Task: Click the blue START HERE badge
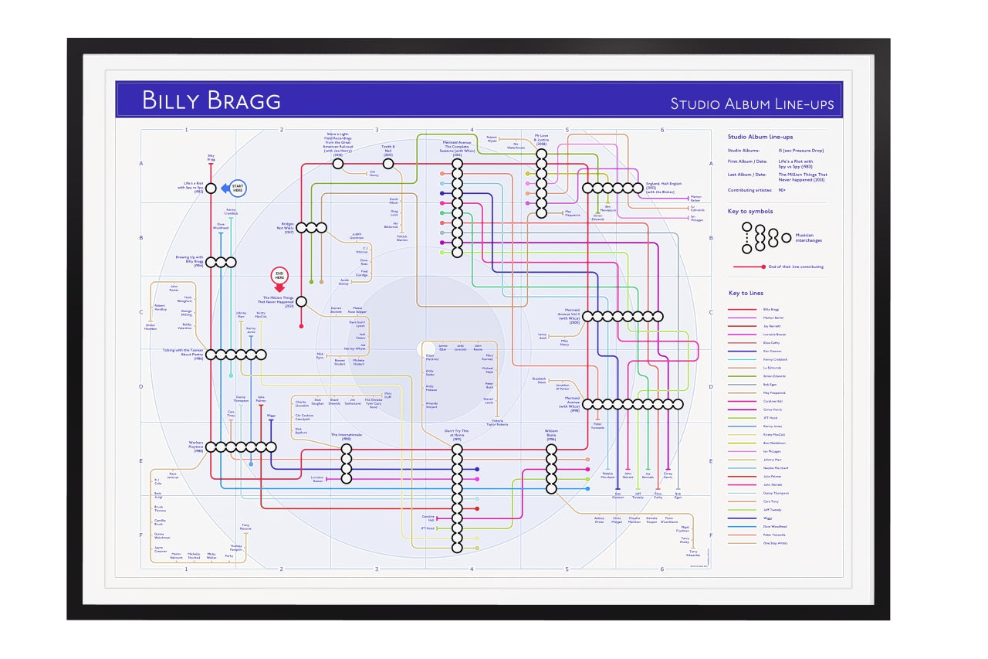pos(234,188)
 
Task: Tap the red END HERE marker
pos(279,278)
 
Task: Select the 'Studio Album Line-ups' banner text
pos(751,104)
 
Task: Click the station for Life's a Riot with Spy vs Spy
pos(211,188)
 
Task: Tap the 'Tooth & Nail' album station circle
pos(388,164)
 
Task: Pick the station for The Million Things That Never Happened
pos(301,301)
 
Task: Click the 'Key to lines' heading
pos(746,294)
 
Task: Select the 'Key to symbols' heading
pos(750,211)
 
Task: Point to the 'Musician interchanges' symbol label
pos(809,237)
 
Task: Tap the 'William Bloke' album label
pos(551,435)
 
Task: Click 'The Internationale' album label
pos(346,437)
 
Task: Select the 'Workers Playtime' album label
pos(195,446)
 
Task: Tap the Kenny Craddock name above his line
pos(231,211)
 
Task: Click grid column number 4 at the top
pos(472,130)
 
